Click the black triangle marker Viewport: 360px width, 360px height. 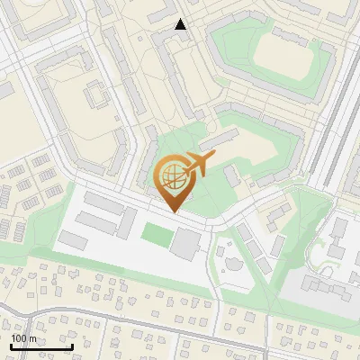181,24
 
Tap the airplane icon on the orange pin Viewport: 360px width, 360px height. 199,164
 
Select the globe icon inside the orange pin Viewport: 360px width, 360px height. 172,176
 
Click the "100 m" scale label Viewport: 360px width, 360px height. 23,338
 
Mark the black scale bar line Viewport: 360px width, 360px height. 41,346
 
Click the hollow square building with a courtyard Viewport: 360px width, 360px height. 95,92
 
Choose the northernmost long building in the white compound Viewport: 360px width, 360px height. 103,202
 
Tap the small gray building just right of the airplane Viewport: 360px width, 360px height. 232,175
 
